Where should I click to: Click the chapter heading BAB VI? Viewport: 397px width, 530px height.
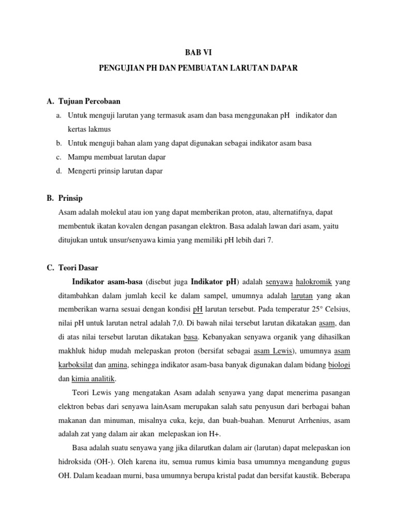coord(198,52)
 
